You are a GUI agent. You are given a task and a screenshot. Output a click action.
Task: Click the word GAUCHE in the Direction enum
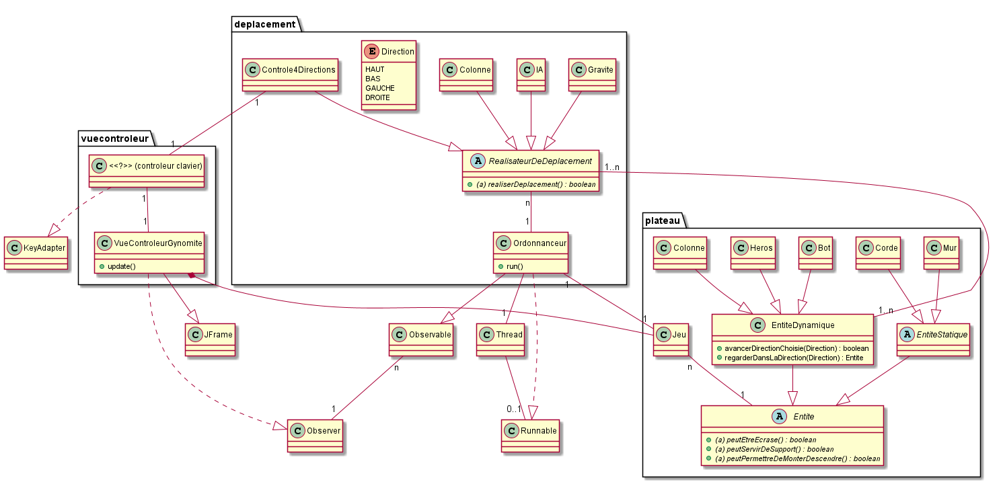pyautogui.click(x=380, y=88)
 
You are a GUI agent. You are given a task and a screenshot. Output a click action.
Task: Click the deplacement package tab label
pyautogui.click(x=264, y=24)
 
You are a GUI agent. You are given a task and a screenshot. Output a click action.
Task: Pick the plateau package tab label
pyautogui.click(x=663, y=220)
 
